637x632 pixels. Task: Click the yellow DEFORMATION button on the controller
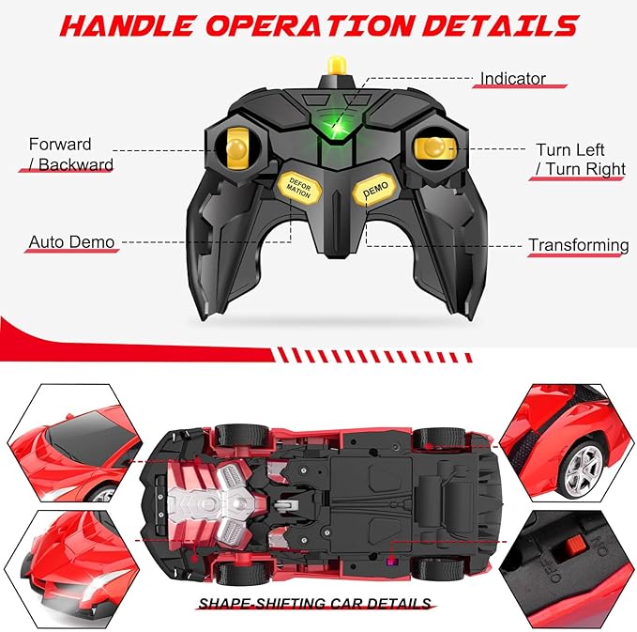tap(299, 188)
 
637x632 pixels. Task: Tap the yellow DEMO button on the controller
tap(374, 190)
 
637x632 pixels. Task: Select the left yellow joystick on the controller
tap(237, 148)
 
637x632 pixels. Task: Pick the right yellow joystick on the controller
tap(434, 147)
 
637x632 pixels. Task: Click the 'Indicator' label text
tap(512, 79)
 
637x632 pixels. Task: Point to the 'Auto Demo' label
tap(71, 242)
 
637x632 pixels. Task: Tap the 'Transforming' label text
tap(579, 245)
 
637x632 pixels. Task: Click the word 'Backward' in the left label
tap(76, 164)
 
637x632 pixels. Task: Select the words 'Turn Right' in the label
tap(585, 169)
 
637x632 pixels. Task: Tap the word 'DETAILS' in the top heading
tap(501, 25)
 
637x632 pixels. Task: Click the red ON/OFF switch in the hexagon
tap(574, 546)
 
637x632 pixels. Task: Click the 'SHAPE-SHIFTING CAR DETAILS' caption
tap(315, 603)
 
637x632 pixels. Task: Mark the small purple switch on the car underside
tap(392, 562)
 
